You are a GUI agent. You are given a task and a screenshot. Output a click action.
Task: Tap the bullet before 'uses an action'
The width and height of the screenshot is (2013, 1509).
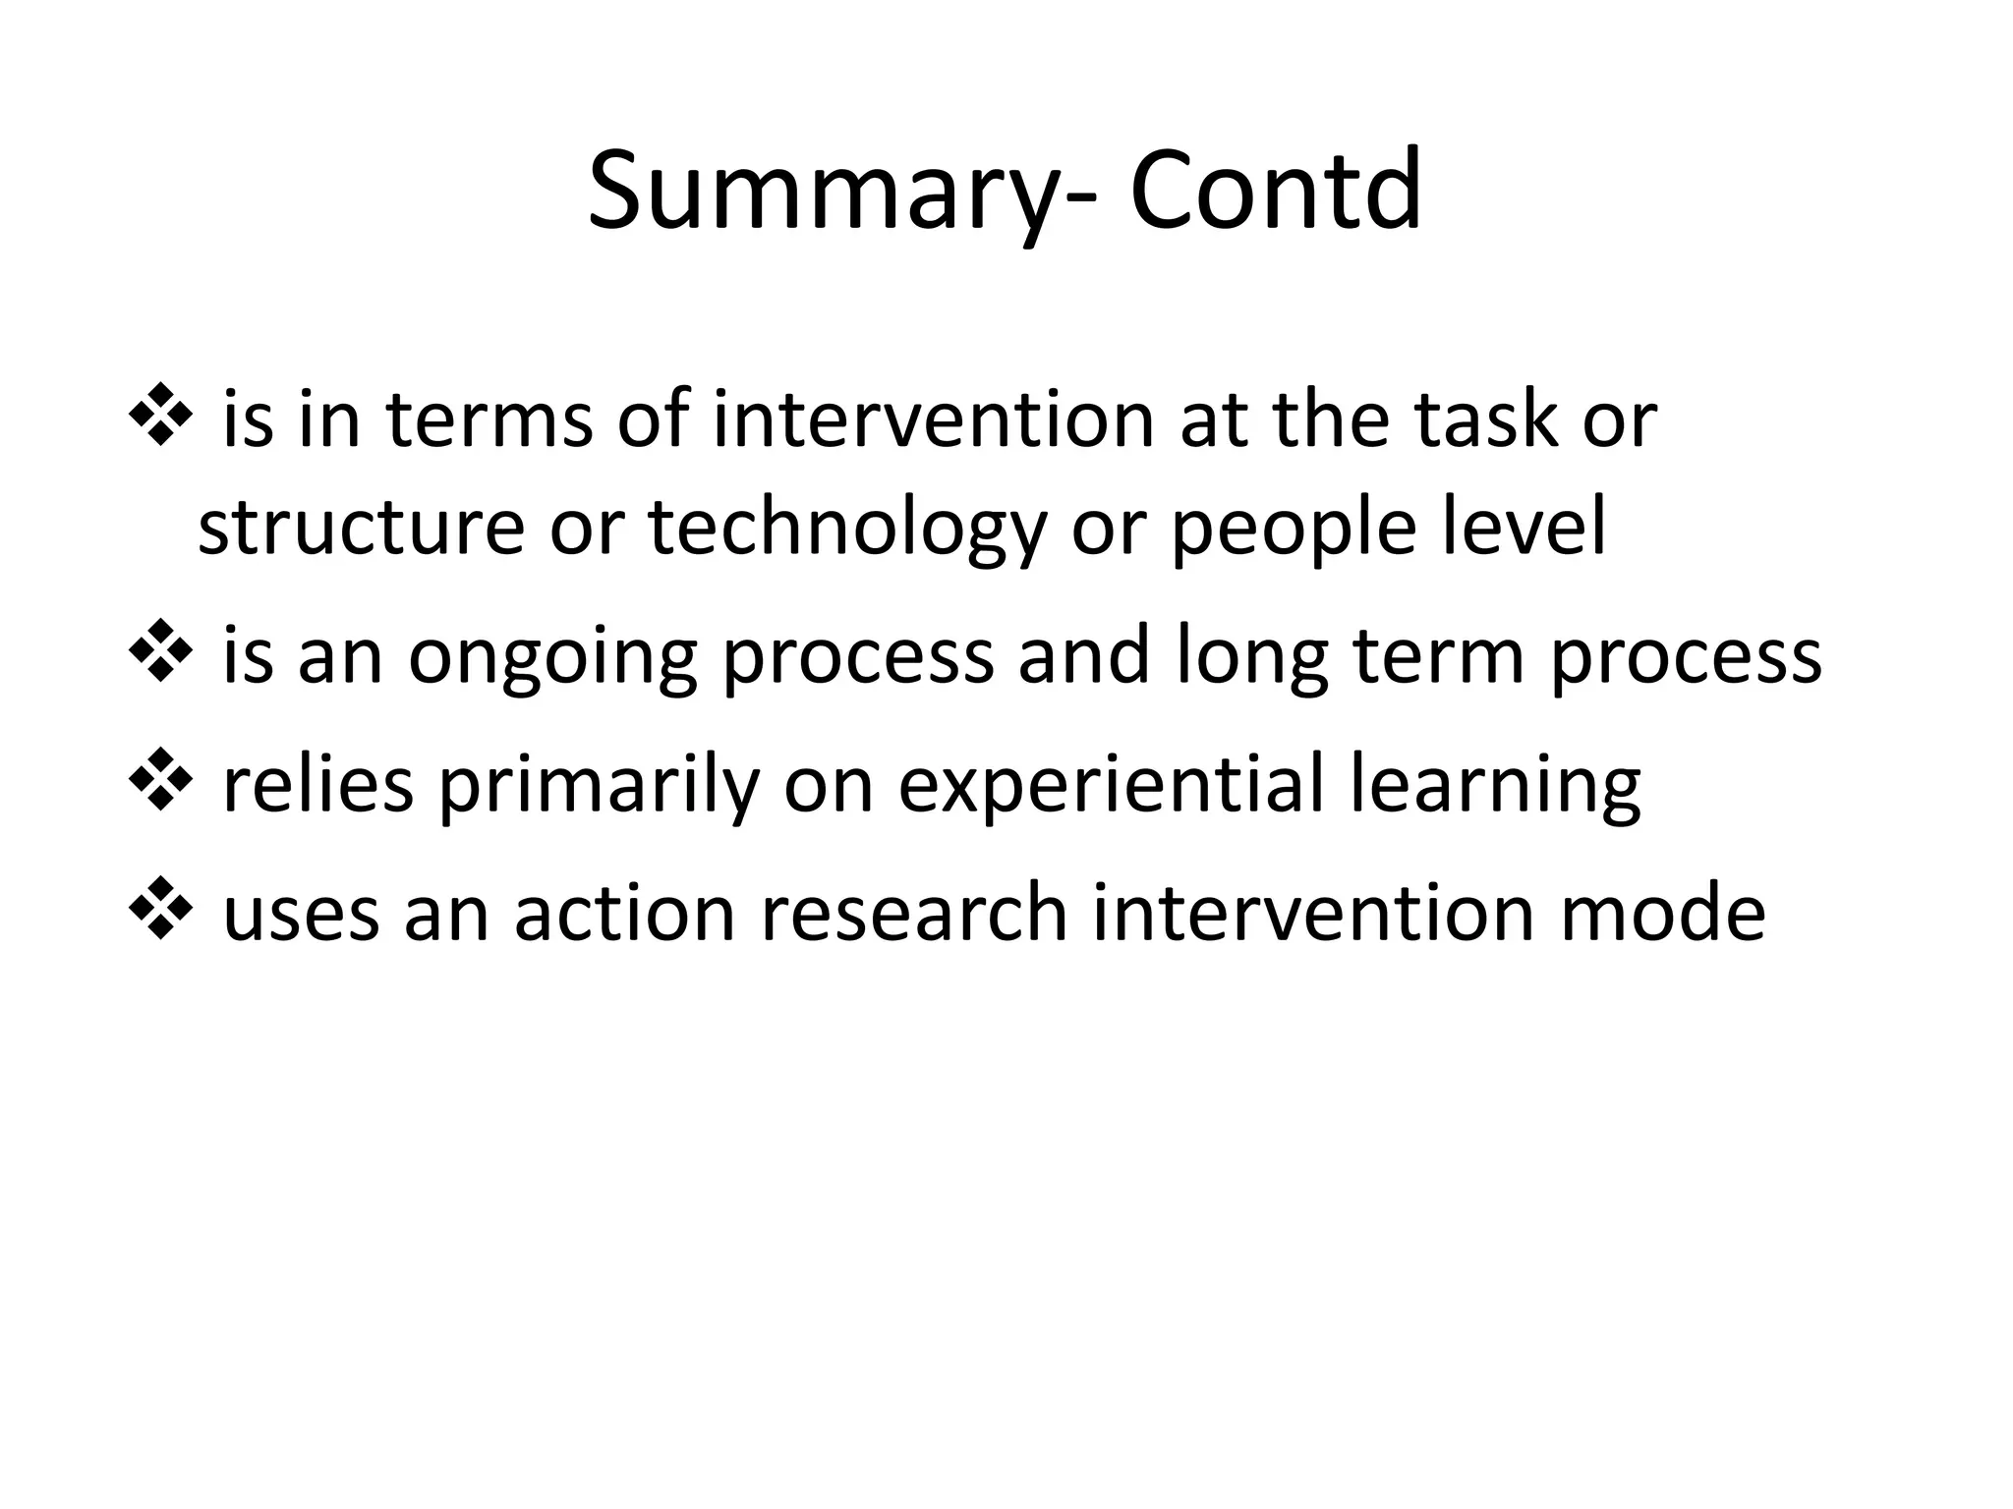(159, 913)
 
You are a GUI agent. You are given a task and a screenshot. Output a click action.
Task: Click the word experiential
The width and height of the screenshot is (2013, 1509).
(1112, 787)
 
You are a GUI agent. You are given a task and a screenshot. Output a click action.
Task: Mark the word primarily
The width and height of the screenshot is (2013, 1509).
(599, 787)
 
